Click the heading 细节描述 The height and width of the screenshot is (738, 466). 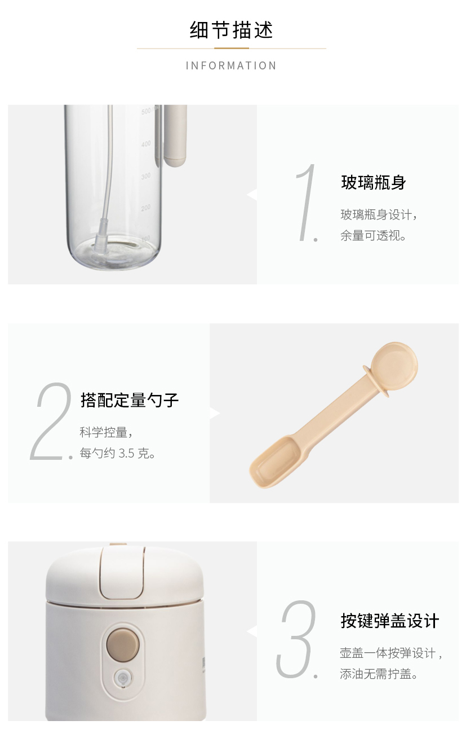(x=232, y=30)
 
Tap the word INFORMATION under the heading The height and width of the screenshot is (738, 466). (x=232, y=65)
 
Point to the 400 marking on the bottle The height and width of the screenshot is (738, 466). (x=146, y=144)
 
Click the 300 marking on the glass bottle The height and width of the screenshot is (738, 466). (x=146, y=176)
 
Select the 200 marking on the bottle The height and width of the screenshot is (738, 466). (x=146, y=208)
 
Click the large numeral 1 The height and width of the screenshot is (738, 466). (x=307, y=203)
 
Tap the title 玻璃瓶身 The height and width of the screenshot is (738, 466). (x=374, y=182)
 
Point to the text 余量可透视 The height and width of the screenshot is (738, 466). (x=373, y=235)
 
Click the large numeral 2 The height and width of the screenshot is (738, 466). (x=52, y=421)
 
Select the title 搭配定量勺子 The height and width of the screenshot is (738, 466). (x=130, y=400)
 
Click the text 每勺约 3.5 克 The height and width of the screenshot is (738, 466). (x=117, y=453)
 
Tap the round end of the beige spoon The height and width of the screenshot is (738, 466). (x=394, y=365)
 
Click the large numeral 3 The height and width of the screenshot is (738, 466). (x=297, y=639)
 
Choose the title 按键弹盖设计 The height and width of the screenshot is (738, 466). (x=390, y=621)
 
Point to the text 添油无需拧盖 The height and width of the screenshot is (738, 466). (x=379, y=674)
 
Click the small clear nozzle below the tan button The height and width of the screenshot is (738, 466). (x=122, y=675)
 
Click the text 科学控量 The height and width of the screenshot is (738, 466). (x=105, y=432)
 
